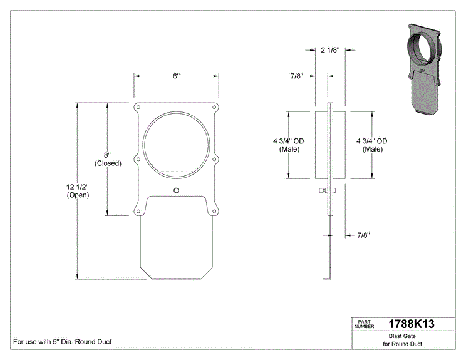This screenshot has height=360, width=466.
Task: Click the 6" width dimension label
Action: pos(177,76)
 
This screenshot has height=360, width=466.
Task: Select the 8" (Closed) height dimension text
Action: pos(108,159)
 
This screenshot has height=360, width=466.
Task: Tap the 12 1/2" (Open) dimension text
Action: pos(78,191)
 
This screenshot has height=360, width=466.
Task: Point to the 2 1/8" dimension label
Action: pos(330,50)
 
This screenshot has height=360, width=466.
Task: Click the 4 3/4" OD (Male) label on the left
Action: pos(289,145)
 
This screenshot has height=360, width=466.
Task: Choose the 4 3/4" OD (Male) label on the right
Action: pos(372,145)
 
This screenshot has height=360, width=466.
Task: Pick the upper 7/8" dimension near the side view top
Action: pos(297,76)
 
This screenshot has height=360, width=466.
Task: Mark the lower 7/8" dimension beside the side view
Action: pos(363,235)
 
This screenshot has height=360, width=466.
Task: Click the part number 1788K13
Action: pos(412,324)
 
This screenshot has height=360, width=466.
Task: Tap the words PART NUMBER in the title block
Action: pos(364,324)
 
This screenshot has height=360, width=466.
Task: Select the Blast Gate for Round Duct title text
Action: pos(402,340)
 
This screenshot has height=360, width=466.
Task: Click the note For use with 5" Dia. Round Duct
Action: pos(63,342)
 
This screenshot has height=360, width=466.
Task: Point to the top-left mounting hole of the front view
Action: pos(138,107)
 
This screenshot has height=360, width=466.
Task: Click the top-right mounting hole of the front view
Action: pos(214,107)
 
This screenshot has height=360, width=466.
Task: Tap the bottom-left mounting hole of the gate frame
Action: pos(138,212)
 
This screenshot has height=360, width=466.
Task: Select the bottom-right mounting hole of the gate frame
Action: pos(214,212)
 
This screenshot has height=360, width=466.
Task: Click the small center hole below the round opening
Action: pos(176,190)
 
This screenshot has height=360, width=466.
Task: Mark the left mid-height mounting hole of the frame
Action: pos(138,160)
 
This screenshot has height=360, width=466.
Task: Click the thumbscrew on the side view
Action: pos(327,190)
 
